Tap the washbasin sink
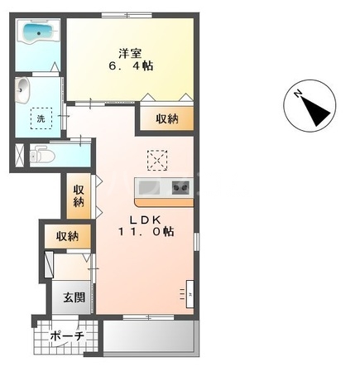[x=22, y=89]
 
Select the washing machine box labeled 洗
[x=41, y=118]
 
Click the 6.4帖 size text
[x=131, y=66]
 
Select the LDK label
[x=146, y=220]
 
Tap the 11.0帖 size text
[x=146, y=231]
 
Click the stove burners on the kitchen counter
[x=180, y=188]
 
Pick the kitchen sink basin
[x=147, y=188]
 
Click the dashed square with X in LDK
[x=157, y=160]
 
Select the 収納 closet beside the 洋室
[x=166, y=118]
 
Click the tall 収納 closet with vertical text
[x=79, y=196]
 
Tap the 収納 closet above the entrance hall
[x=68, y=236]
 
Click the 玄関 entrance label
[x=74, y=297]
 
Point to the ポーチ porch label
[x=67, y=336]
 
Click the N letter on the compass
[x=298, y=94]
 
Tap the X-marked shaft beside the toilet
[x=19, y=156]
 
